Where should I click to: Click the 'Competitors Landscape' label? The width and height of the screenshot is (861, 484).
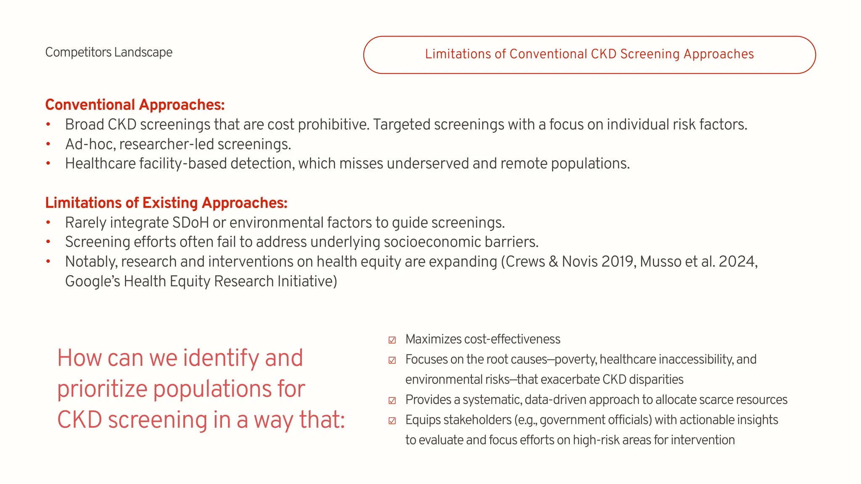point(108,52)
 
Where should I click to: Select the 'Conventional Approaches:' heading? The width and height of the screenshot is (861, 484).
point(135,105)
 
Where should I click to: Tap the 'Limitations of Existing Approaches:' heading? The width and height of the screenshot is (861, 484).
point(166,203)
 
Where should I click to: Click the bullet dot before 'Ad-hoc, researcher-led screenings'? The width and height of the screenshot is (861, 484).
point(48,144)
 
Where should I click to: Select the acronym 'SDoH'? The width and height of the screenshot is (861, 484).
point(189,222)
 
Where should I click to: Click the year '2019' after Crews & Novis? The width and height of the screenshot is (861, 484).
point(617,262)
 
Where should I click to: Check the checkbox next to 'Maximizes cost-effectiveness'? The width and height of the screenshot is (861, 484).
point(392,340)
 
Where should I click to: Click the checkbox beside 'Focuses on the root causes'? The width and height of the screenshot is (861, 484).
point(392,360)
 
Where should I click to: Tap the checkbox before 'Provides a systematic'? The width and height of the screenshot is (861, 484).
point(392,400)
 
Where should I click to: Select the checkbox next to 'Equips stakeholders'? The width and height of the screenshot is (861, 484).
point(392,421)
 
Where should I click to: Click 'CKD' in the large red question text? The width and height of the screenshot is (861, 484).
point(79,420)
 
